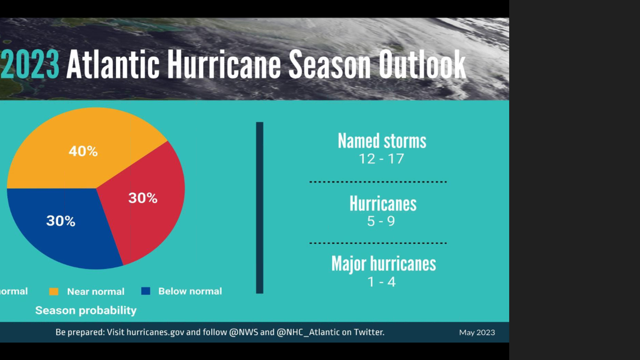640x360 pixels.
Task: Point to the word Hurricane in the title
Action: tap(224, 65)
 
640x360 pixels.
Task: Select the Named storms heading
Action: tap(382, 141)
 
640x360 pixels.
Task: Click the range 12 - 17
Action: tap(382, 159)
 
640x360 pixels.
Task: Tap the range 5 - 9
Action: tap(381, 221)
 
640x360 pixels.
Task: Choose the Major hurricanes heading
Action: tap(383, 263)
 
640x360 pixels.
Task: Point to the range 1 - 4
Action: tap(382, 282)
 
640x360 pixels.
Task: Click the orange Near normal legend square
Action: tap(54, 291)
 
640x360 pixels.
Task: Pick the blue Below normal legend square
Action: tap(146, 291)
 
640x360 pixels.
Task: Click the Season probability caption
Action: tap(86, 310)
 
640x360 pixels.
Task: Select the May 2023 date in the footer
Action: tap(477, 332)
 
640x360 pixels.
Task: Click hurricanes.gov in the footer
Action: tap(156, 332)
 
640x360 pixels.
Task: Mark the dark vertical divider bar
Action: tap(259, 207)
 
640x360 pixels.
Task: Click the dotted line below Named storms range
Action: tap(378, 182)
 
